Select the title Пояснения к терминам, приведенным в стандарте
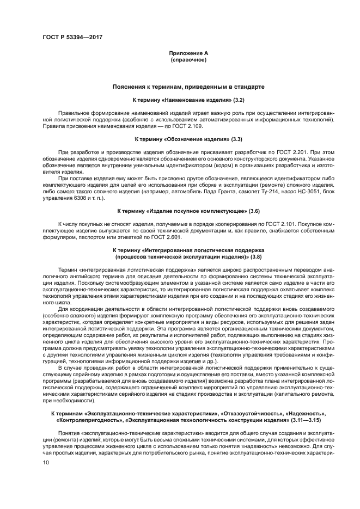[x=188, y=87]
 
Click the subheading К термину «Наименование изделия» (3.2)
[x=188, y=101]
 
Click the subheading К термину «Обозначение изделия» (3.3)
[x=188, y=140]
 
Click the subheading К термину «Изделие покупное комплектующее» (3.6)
[x=188, y=210]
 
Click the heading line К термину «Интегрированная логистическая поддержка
[x=188, y=250]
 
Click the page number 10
[x=45, y=462]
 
